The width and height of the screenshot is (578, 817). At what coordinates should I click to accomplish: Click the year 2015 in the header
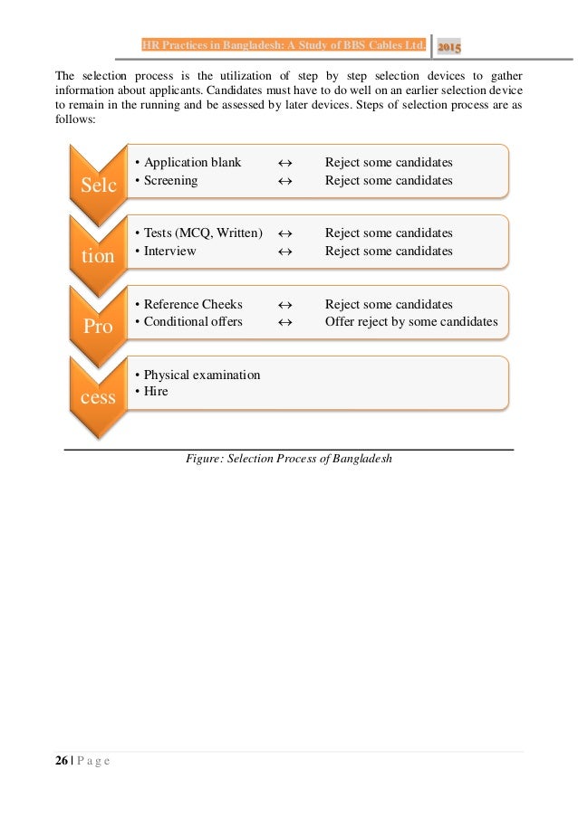(448, 47)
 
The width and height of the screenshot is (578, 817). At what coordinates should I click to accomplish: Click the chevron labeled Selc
(98, 185)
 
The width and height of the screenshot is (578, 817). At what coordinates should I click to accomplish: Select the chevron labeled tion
(98, 255)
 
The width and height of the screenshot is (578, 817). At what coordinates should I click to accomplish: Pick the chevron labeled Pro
(98, 326)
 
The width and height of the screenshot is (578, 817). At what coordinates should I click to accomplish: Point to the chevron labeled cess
(98, 396)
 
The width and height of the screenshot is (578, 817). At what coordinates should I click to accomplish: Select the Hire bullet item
(156, 392)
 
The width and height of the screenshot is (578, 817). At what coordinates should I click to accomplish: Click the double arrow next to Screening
(284, 180)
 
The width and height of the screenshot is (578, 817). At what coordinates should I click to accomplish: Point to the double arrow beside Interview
(284, 251)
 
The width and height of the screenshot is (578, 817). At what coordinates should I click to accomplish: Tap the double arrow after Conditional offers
(284, 321)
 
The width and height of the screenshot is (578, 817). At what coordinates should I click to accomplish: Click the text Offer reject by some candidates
(411, 321)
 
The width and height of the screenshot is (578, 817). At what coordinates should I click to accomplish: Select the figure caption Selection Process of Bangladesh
(288, 459)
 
